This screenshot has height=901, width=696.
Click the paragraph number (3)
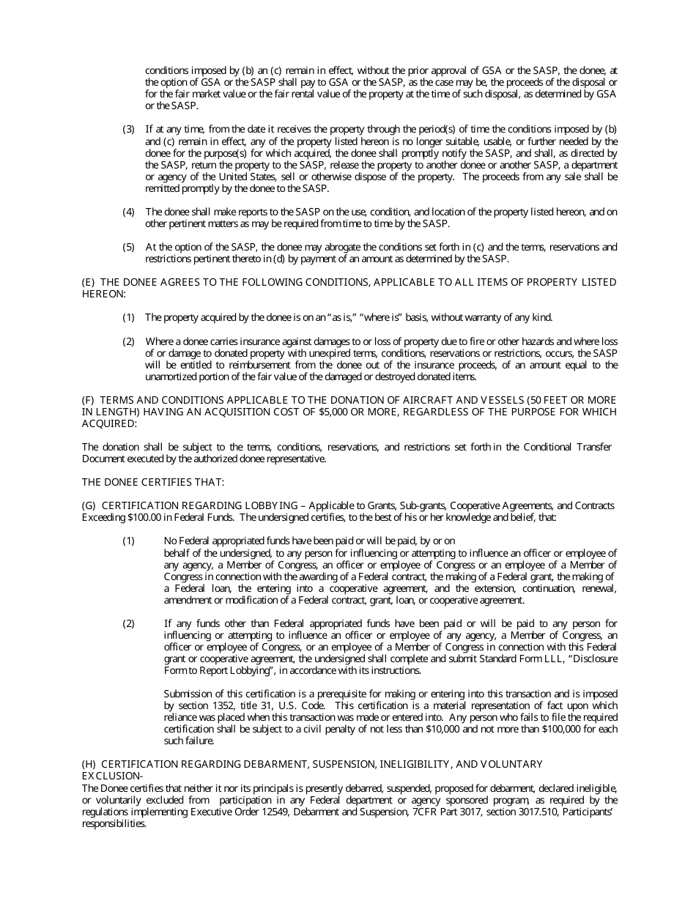pos(128,130)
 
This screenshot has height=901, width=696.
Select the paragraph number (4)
pos(128,212)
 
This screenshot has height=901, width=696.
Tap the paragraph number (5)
pos(128,247)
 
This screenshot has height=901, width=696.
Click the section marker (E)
pos(88,282)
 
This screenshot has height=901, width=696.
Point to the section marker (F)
pos(88,400)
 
